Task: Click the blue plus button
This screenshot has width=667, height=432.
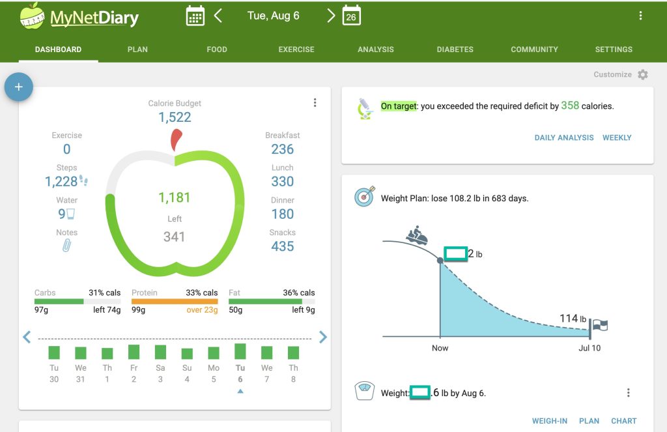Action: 18,87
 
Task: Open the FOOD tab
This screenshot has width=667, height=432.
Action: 217,50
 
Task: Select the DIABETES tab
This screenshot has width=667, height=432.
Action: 455,50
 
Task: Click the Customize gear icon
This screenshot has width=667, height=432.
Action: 643,74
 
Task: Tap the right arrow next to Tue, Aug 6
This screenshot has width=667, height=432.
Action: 331,16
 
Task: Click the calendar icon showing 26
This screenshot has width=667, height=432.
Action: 351,16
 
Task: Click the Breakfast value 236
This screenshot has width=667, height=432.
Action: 283,149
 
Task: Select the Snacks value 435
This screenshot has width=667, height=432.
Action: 283,246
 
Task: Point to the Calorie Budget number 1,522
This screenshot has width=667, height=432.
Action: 175,117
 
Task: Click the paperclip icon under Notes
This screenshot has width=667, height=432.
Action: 66,246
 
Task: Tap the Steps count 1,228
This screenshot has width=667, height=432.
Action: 61,182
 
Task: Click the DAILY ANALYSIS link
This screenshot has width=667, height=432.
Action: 564,137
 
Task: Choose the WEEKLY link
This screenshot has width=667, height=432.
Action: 617,137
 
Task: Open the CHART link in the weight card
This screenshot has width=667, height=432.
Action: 623,421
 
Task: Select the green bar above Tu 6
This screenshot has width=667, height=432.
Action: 240,351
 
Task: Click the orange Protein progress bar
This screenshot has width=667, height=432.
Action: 175,302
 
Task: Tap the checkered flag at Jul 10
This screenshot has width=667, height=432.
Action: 599,325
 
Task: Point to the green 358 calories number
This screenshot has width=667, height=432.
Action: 570,105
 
